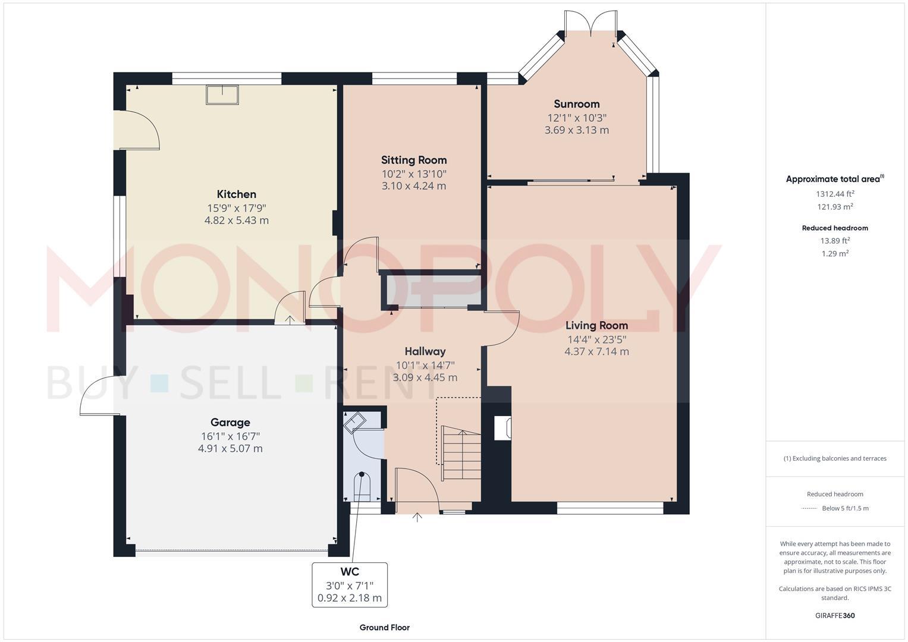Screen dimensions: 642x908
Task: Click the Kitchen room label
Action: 236,194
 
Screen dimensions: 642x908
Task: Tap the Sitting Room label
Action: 413,160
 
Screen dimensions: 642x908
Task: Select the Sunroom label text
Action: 576,104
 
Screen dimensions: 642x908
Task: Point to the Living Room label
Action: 596,326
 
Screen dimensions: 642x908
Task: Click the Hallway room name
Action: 425,351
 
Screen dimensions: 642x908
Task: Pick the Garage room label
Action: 230,423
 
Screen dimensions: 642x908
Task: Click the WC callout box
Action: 350,585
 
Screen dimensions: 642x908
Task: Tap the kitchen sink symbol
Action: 222,95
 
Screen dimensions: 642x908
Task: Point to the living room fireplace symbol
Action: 502,428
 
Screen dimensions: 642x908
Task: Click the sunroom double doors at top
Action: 590,23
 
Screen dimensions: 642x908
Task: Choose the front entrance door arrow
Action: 417,518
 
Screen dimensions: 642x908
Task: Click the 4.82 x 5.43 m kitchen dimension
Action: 236,221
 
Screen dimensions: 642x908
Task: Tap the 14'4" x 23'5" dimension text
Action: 596,339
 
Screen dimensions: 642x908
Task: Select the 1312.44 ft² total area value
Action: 835,194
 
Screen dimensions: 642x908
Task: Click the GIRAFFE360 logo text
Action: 835,615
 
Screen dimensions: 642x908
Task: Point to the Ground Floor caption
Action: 384,627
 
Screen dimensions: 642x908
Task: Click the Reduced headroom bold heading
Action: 835,228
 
